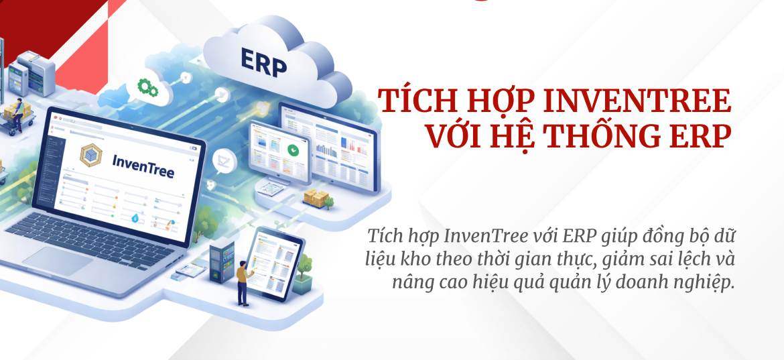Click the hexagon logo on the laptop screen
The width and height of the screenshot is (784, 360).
pyautogui.click(x=90, y=155)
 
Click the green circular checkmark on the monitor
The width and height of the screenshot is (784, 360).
pyautogui.click(x=292, y=149)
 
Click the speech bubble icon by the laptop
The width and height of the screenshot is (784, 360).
pyautogui.click(x=222, y=161)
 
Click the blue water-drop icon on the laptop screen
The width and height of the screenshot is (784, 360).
pyautogui.click(x=136, y=219)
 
